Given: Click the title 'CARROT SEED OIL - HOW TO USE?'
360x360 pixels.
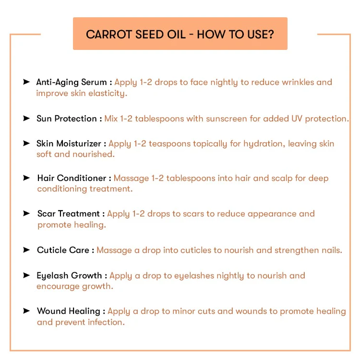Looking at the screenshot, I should pos(180,34).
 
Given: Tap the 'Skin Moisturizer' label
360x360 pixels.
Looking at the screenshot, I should pos(69,144).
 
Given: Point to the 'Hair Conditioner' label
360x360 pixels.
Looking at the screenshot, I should pos(72,178).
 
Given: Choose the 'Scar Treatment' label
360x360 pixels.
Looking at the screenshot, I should pos(68,214).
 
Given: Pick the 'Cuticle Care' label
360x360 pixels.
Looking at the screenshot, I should pos(63,250).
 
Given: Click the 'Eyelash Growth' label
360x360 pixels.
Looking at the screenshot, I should pos(69,276).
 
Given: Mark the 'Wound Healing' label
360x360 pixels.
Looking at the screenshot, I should pos(68,311).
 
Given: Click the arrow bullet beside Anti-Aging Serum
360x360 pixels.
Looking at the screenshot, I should pos(26,82).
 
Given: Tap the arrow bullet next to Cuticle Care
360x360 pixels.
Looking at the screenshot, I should pos(26,250).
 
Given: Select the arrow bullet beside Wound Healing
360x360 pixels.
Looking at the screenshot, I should pos(26,311).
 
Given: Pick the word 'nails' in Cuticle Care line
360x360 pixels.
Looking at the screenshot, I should pos(331,250).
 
